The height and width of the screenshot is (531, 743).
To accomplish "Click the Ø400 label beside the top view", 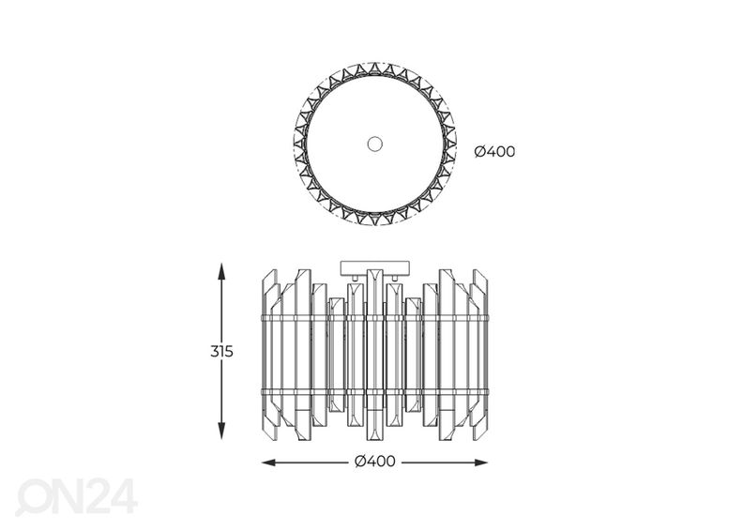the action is pyautogui.click(x=494, y=152).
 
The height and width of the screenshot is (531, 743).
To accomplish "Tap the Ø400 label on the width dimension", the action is pyautogui.click(x=375, y=461).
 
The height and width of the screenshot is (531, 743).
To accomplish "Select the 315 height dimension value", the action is pyautogui.click(x=221, y=352).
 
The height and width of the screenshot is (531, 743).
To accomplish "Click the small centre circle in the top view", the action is pyautogui.click(x=375, y=144).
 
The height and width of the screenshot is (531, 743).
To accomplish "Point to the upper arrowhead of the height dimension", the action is pyautogui.click(x=220, y=271).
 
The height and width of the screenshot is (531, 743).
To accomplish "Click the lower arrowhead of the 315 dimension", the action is pyautogui.click(x=220, y=431).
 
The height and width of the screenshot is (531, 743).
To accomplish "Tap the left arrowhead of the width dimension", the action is pyautogui.click(x=269, y=463).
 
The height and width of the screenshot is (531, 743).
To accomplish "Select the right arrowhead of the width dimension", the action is pyautogui.click(x=480, y=463).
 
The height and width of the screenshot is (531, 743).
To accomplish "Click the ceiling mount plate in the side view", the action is pyautogui.click(x=374, y=267).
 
